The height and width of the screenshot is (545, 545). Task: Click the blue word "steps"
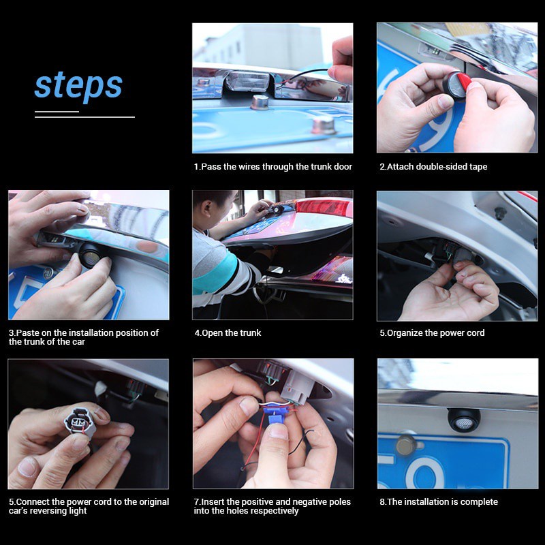coord(78,86)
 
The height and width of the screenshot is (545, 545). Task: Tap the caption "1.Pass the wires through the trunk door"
coord(273,167)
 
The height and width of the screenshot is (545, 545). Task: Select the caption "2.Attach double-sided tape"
coord(433,167)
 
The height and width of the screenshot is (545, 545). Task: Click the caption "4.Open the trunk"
coord(228,333)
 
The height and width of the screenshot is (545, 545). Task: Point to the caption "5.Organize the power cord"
coord(432,333)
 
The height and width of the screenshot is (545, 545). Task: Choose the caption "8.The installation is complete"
coord(439,502)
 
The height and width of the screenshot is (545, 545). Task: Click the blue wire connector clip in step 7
coord(274,415)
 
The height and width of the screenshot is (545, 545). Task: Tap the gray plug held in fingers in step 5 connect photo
coord(80,422)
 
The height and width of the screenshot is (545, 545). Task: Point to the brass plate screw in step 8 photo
coord(406,445)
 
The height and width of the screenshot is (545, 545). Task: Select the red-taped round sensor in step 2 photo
coord(456,85)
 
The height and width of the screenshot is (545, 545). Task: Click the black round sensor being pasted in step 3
coord(91,255)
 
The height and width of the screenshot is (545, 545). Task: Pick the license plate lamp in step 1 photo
coord(248,80)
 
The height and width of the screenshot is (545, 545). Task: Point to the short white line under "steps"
coord(57,112)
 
